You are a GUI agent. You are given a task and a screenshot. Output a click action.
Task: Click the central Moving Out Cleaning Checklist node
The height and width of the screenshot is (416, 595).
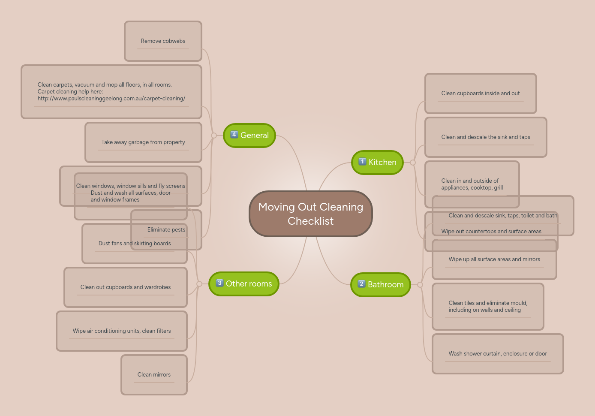click(x=311, y=214)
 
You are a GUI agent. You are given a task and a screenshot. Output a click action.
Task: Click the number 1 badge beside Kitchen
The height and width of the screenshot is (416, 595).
click(x=362, y=162)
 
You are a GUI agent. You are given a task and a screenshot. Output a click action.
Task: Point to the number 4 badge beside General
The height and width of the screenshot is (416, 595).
click(x=234, y=135)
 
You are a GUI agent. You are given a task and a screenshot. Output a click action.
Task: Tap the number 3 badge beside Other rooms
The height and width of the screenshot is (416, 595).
click(x=219, y=283)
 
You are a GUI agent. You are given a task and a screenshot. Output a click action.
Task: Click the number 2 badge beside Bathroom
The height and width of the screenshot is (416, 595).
click(x=361, y=284)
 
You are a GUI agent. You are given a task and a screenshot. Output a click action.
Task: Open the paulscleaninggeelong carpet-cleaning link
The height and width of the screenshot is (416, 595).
click(x=111, y=99)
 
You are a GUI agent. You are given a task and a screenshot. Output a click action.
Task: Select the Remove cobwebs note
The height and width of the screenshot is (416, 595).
click(x=163, y=41)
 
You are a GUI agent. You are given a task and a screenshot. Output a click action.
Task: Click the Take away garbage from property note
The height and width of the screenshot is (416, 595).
click(x=143, y=142)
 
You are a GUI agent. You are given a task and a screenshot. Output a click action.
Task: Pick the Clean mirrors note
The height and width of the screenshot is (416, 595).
click(x=154, y=375)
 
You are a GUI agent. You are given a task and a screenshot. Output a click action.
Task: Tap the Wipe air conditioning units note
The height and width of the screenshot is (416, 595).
click(x=122, y=331)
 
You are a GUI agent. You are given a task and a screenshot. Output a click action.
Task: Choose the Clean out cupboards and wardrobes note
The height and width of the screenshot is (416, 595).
click(x=126, y=287)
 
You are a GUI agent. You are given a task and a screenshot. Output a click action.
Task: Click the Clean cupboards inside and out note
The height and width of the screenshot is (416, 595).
click(x=481, y=93)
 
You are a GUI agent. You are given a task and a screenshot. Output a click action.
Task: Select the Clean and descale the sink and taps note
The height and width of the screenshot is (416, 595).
click(x=486, y=137)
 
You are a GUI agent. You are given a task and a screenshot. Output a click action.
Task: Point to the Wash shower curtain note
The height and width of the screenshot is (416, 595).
click(x=498, y=354)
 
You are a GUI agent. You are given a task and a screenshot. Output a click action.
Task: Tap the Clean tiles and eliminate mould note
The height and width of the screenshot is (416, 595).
click(x=488, y=307)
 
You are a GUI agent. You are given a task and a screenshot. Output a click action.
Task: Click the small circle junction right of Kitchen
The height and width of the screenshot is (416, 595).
click(x=413, y=163)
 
